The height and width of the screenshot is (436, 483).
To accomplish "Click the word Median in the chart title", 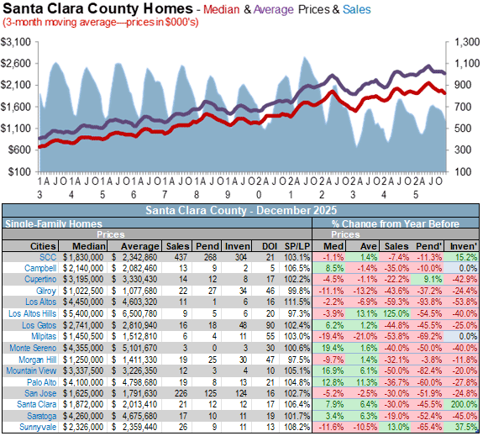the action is (x=221, y=9).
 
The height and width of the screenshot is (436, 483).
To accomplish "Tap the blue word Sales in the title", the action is (x=356, y=9).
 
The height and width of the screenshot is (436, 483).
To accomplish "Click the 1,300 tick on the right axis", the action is (x=467, y=42).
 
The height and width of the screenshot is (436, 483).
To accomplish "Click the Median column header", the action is (x=89, y=246).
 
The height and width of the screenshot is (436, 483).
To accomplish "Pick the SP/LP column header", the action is (x=297, y=246).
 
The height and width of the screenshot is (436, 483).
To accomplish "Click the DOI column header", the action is (x=270, y=246).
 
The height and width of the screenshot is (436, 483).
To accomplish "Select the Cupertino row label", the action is (x=40, y=280).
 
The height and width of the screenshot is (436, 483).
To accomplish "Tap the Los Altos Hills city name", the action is (x=33, y=313).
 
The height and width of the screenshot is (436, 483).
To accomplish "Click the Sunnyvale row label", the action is (x=38, y=427).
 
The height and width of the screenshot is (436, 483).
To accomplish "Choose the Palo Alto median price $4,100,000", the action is (x=83, y=382).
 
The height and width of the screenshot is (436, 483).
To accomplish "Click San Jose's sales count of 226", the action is (x=181, y=393).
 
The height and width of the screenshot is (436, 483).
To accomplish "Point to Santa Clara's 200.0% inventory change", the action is (x=464, y=404).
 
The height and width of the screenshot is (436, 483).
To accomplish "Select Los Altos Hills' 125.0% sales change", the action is (x=396, y=313).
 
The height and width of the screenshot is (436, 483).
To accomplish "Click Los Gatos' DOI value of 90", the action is (x=270, y=325).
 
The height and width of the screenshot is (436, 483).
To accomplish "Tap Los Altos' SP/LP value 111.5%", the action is (x=297, y=302).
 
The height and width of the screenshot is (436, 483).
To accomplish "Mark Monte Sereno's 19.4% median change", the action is (x=333, y=348).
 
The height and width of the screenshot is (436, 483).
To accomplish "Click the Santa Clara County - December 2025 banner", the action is (x=241, y=211).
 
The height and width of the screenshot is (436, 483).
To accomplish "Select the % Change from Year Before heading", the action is (x=396, y=223).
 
